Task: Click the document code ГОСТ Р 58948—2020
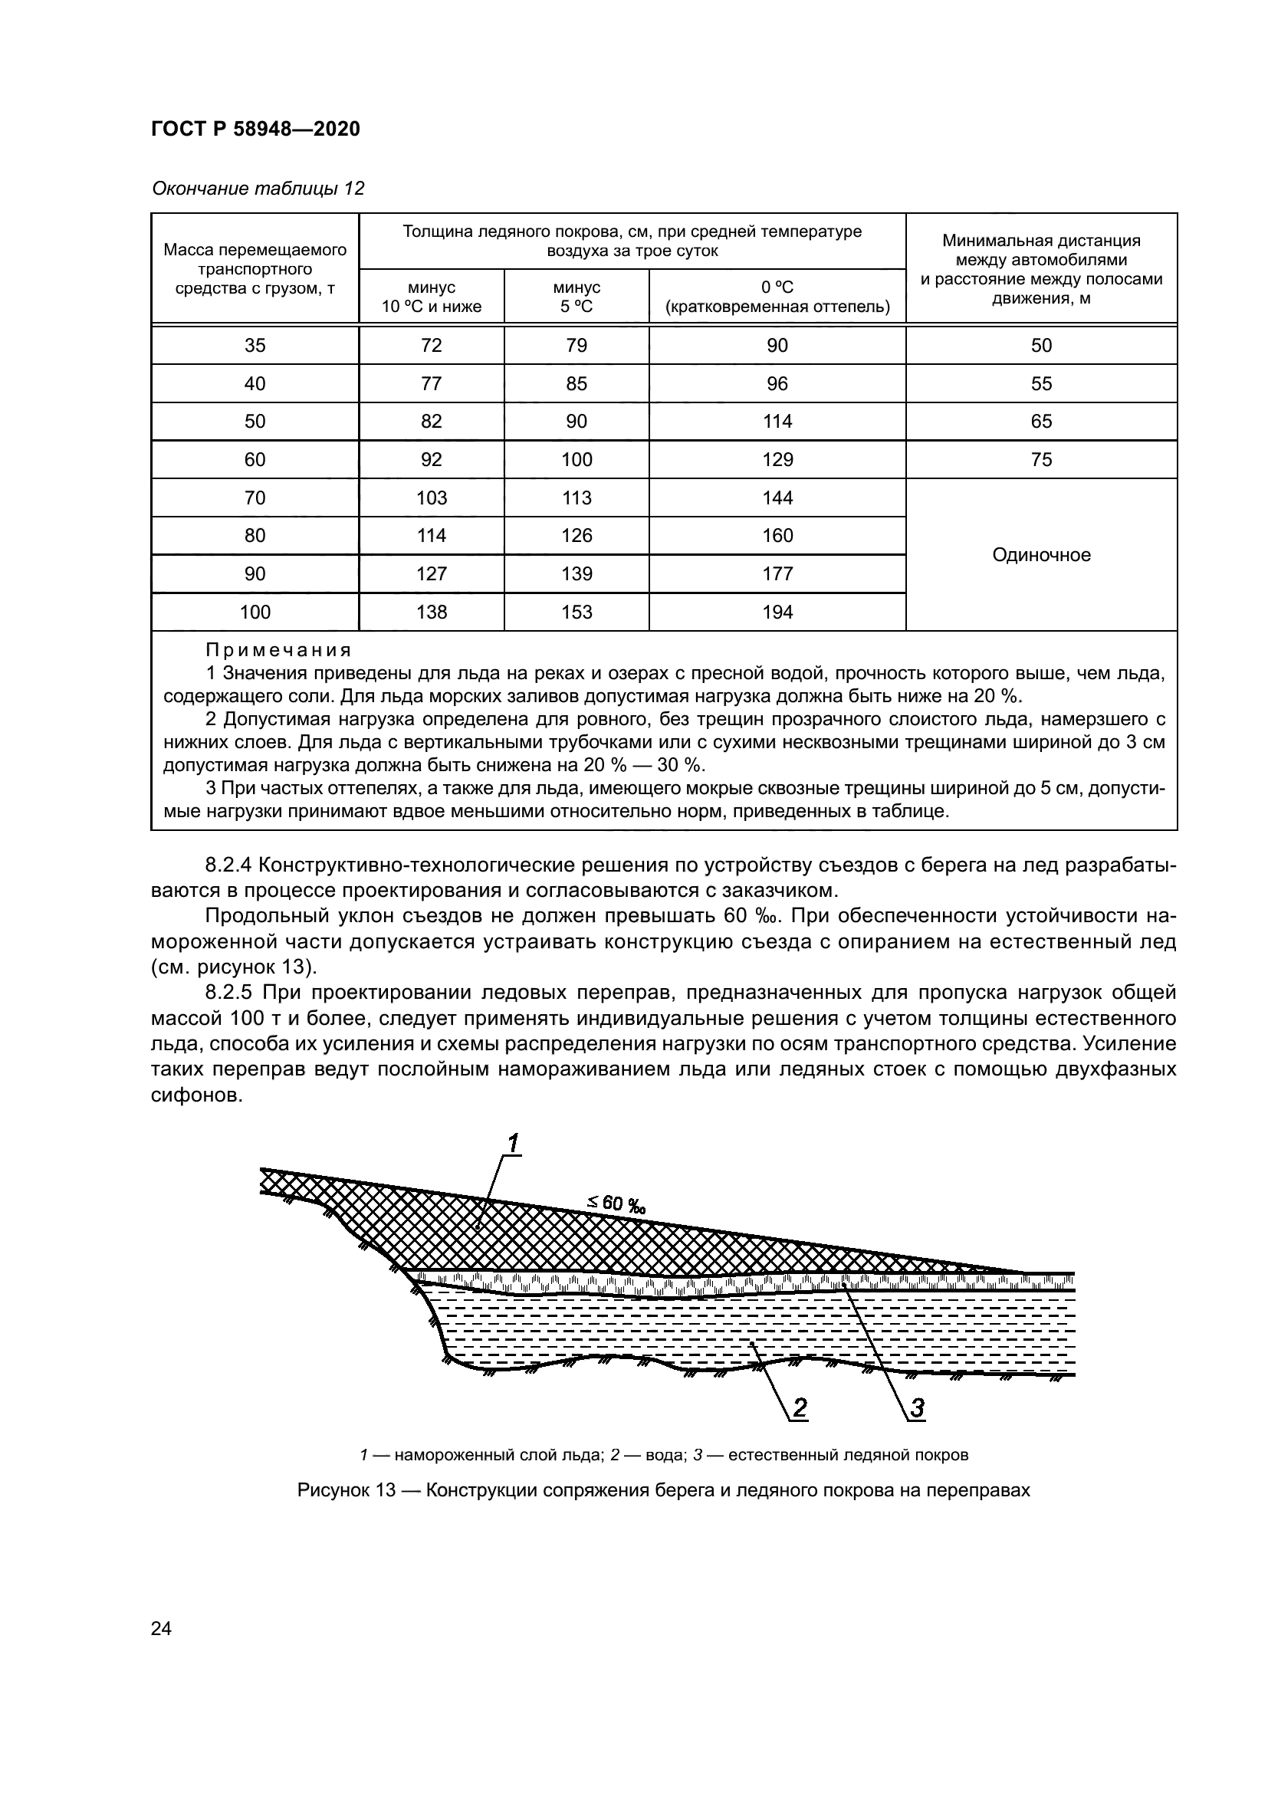pos(255,129)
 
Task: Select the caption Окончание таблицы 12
pos(258,189)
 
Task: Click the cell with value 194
pos(777,612)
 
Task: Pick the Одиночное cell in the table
pos(1041,555)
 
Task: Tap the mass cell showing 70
pos(255,498)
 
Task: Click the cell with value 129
pos(777,460)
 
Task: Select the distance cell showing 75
pos(1041,460)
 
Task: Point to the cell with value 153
pos(577,612)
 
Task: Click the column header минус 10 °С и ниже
pos(431,297)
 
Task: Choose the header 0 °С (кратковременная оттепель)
pos(777,297)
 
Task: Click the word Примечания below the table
pos(279,651)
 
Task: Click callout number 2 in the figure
pos(800,1408)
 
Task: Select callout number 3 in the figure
pos(917,1408)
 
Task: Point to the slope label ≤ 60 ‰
pos(617,1204)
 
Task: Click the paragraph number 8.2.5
pos(230,993)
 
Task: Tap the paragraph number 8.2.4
pos(230,865)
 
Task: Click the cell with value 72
pos(431,346)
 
